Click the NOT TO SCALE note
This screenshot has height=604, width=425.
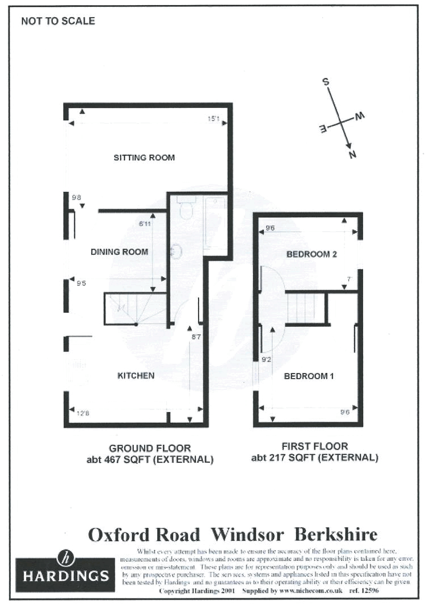[58, 22]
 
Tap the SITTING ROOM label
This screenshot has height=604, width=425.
[144, 158]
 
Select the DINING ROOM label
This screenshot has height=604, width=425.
[119, 252]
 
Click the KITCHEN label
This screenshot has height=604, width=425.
[136, 376]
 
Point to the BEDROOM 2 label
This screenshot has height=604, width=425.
[312, 255]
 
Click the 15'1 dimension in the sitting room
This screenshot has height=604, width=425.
[213, 119]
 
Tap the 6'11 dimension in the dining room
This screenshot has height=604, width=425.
[145, 224]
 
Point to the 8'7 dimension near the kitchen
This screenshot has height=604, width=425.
[197, 338]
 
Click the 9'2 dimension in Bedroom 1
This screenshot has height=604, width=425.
[266, 360]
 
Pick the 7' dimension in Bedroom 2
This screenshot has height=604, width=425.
[350, 279]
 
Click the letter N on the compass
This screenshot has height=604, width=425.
[352, 155]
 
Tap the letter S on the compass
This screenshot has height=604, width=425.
[326, 81]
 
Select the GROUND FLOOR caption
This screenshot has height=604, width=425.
[150, 448]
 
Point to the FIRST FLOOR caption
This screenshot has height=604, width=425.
[314, 447]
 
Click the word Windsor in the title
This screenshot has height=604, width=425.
[247, 535]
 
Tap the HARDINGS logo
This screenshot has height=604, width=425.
[62, 568]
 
